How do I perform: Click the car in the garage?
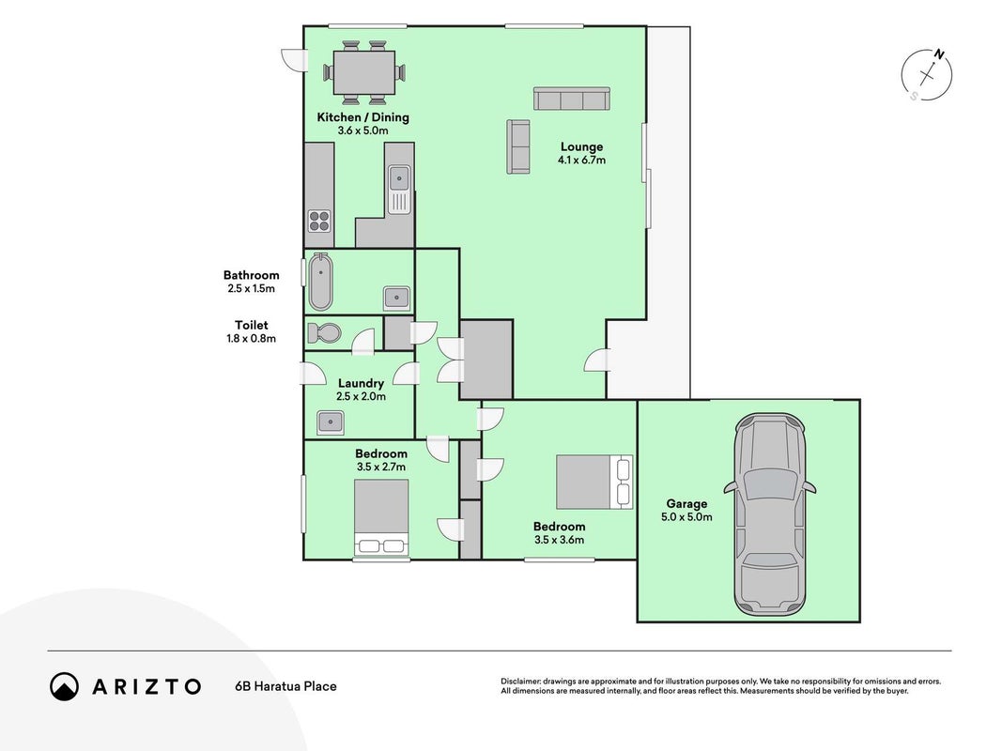point(769,514)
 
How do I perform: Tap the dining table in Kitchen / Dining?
point(363,73)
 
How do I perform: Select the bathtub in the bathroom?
point(319,281)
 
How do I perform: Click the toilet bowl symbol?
point(325,332)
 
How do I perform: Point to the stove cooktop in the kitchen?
point(319,221)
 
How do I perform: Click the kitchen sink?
point(400,189)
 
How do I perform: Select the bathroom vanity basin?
point(396,298)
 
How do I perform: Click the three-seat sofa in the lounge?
point(572,99)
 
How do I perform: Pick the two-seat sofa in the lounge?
point(518,146)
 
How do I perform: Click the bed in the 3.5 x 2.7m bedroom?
point(381,517)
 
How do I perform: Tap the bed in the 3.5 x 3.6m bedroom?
point(594,482)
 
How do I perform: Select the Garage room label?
point(687,504)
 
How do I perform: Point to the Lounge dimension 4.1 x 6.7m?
point(581,161)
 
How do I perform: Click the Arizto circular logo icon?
point(65,686)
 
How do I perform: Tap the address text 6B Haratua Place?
point(285,686)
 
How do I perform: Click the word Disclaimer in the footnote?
point(521,682)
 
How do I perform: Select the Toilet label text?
point(251,325)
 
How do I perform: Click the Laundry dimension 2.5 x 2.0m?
point(361,396)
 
